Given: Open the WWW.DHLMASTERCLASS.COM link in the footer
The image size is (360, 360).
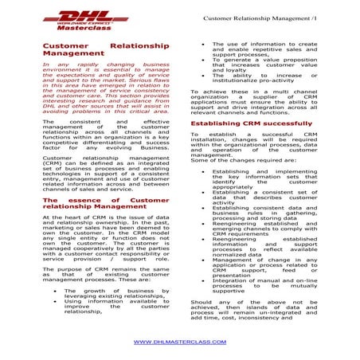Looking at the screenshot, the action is pyautogui.click(x=179, y=341).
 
